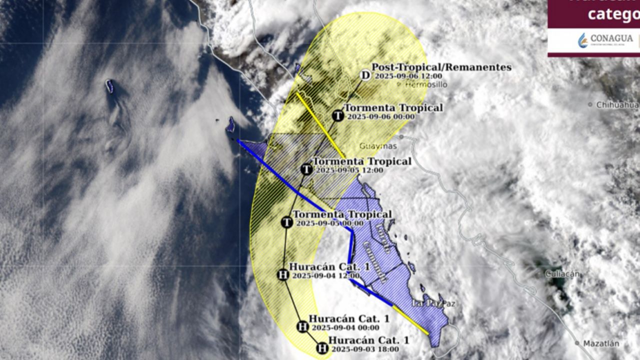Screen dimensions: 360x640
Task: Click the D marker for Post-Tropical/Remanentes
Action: click(365, 75)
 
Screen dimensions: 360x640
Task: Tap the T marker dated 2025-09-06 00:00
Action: click(338, 116)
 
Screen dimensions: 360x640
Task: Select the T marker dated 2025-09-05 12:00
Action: click(306, 169)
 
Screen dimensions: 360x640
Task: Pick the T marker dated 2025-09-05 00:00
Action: click(286, 222)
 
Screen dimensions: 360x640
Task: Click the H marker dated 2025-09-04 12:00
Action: click(282, 274)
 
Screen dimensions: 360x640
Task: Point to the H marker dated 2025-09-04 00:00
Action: click(302, 326)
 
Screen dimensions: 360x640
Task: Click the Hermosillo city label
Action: click(425, 85)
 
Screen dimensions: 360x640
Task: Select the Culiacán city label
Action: click(562, 273)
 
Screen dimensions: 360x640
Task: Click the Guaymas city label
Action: click(378, 146)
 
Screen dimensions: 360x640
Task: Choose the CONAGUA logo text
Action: click(611, 38)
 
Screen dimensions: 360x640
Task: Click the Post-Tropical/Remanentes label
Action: click(441, 67)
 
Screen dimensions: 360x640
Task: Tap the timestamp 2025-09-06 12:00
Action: click(408, 76)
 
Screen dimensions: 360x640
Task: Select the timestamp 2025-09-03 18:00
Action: click(365, 349)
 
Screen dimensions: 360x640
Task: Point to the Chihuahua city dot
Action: click(590, 105)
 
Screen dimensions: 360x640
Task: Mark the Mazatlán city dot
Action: click(577, 343)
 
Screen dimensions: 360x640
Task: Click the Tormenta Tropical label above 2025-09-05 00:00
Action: click(342, 214)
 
